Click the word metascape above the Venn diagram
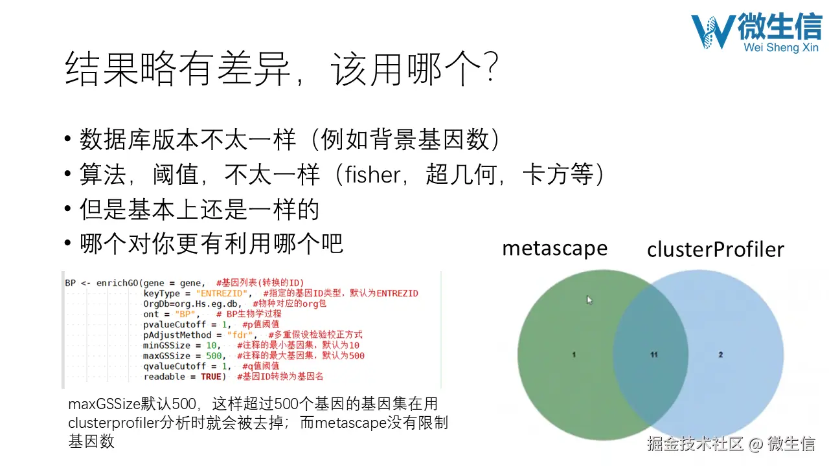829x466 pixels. point(554,248)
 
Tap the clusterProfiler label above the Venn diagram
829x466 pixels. point(715,249)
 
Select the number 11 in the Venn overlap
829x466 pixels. point(654,355)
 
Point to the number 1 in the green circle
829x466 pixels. point(574,355)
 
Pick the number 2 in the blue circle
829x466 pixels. point(721,355)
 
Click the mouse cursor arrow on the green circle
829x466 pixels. point(589,300)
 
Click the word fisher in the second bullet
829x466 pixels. point(372,175)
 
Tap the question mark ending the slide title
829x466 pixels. point(491,69)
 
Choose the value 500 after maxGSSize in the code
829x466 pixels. point(212,355)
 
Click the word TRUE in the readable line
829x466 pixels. point(210,376)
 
